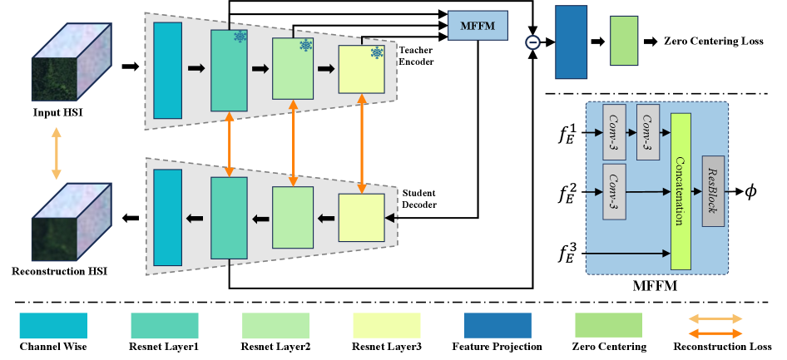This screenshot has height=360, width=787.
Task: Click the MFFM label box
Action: [x=478, y=26]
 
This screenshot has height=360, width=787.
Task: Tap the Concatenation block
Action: [x=681, y=191]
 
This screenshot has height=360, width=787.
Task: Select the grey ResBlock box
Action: [x=713, y=190]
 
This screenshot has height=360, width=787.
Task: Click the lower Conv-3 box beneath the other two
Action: [x=614, y=191]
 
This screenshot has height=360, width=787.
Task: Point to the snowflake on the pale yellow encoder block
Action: [x=377, y=53]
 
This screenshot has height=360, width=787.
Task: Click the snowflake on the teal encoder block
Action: [x=240, y=37]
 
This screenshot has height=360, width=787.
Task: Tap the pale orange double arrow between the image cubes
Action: [x=57, y=153]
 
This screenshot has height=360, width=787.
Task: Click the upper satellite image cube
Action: [x=71, y=62]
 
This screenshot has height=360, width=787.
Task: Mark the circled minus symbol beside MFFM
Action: [x=533, y=42]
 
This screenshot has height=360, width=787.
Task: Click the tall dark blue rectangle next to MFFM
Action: [x=572, y=42]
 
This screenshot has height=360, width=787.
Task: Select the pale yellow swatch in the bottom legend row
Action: [x=386, y=325]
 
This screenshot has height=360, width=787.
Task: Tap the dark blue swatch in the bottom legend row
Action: [x=497, y=325]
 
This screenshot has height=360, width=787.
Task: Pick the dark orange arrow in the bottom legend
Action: [x=715, y=333]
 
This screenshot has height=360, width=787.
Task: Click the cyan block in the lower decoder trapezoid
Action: [x=167, y=218]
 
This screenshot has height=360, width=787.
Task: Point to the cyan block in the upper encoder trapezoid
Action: [x=167, y=70]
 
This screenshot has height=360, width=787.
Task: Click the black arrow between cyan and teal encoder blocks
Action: [x=196, y=68]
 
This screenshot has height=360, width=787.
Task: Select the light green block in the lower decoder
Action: [x=293, y=218]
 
